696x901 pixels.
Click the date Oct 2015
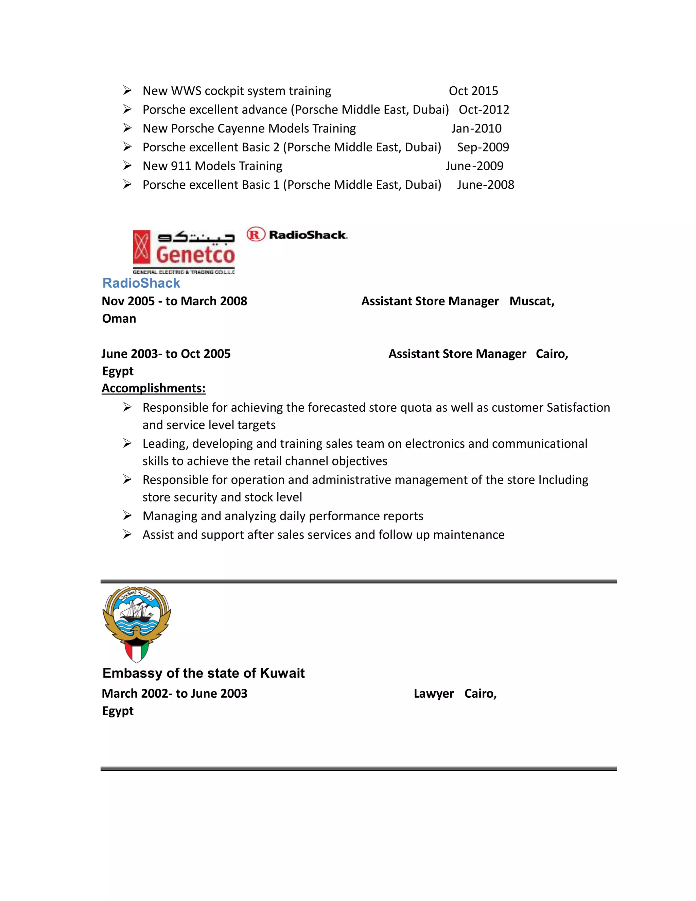coord(473,91)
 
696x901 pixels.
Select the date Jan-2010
coord(476,128)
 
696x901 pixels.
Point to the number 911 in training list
coord(180,166)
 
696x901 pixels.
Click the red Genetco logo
coord(184,252)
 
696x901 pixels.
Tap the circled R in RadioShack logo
coord(255,235)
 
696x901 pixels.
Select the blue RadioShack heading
coord(141,283)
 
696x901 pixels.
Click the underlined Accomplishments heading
coord(153,388)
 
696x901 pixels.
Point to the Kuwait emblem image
coord(137,624)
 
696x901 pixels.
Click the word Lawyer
coord(433,694)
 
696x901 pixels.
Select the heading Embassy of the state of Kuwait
coord(203,673)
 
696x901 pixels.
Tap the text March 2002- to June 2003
coord(174,694)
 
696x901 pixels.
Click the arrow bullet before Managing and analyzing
coord(127,516)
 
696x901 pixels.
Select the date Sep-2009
coord(483,147)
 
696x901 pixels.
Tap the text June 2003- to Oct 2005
coord(166,354)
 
